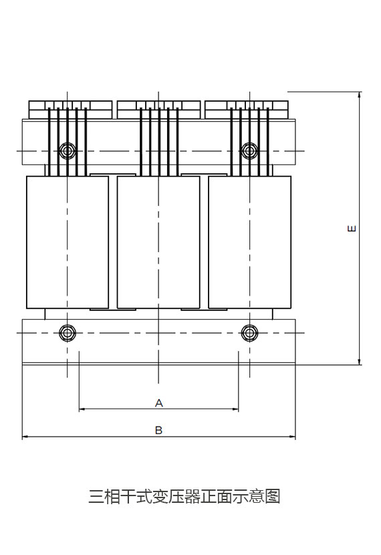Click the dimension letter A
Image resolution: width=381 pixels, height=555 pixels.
point(159,403)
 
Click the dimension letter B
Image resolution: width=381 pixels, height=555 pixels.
point(159,430)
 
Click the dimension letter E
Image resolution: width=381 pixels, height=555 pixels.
point(352,228)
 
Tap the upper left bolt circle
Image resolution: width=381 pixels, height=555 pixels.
point(68,150)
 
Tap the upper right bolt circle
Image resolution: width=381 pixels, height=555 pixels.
point(250,150)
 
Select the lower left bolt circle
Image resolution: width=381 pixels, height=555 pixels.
point(68,333)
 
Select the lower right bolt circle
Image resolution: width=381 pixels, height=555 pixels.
point(250,333)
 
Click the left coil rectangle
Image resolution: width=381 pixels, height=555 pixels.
point(68,242)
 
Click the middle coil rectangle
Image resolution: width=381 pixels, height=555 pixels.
point(158,242)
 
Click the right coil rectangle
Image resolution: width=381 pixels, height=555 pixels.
point(250,242)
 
